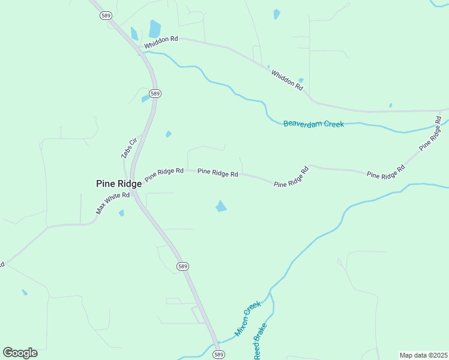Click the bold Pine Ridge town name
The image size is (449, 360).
coord(119,184)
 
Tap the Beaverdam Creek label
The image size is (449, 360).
coord(313,124)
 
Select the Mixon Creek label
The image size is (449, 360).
coord(248,319)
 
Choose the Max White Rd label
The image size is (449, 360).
coord(113,203)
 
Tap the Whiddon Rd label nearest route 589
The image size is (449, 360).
coord(160,39)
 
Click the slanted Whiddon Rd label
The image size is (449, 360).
coord(287,80)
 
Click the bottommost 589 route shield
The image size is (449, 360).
coord(219,355)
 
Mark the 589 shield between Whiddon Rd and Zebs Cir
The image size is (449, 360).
coord(155,94)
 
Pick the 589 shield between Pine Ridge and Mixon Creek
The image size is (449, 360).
coord(183,266)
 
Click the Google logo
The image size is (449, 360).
coord(20,353)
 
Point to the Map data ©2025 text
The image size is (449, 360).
coord(423,355)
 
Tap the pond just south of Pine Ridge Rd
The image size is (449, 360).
coord(221,206)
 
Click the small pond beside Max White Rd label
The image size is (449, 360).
coord(122,213)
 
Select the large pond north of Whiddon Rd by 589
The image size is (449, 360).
coord(155,29)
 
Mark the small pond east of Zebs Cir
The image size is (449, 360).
coord(169,134)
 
